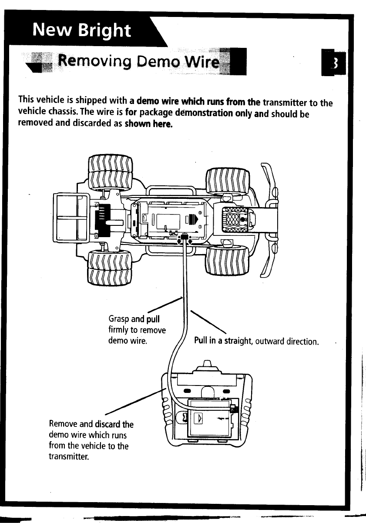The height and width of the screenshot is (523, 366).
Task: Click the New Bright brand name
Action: pos(82,30)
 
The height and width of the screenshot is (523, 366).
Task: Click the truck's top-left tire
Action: pos(110,173)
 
